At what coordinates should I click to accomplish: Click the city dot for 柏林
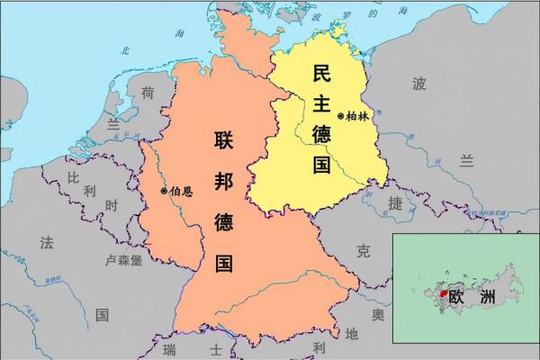tap(340, 117)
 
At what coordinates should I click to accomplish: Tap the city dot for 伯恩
tap(163, 191)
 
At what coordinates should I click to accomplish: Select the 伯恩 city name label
tap(180, 191)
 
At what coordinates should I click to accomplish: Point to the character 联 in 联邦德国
tap(225, 140)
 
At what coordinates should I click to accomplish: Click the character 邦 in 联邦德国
tap(225, 181)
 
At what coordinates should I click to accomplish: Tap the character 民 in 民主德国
tap(320, 76)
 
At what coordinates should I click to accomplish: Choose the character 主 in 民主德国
tap(320, 108)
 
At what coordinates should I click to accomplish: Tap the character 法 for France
tap(46, 241)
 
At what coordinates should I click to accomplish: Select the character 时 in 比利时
tap(112, 206)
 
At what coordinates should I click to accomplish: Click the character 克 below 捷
tap(363, 248)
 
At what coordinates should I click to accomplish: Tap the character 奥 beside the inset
tap(379, 316)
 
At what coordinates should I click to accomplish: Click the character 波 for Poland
tap(418, 85)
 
